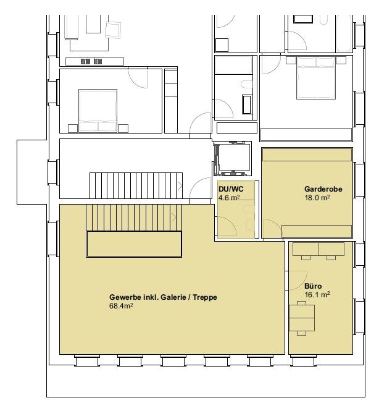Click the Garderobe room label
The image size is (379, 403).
tap(323, 189)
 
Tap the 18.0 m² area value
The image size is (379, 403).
tap(317, 198)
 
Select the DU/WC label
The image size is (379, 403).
tap(231, 189)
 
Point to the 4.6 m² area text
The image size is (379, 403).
tap(229, 198)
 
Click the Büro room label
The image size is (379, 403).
tap(313, 286)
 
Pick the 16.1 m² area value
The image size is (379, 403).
tap(317, 295)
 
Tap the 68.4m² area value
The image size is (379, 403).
tap(121, 306)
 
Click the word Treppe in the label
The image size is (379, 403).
tap(205, 297)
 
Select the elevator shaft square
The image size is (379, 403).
tap(233, 158)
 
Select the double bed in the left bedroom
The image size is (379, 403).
tap(98, 111)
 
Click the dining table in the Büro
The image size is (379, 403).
tap(302, 318)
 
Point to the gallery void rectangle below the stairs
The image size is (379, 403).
tap(134, 244)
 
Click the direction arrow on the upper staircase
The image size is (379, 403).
tap(180, 186)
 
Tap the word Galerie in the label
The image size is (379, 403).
tap(173, 297)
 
